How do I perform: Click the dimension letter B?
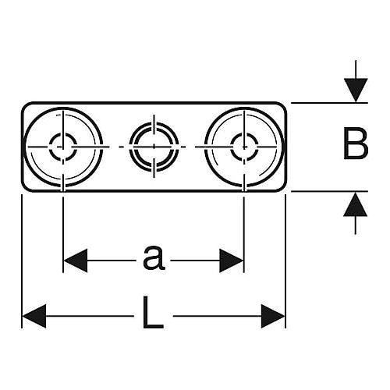point(355,143)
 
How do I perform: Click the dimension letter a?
point(154,257)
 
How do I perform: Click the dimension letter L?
point(153,312)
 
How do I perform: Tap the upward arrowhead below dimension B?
point(356,204)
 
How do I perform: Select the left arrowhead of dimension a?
point(76,261)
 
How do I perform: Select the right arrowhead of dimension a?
point(231,261)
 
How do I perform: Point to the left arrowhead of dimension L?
point(34,316)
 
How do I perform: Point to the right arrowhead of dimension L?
point(273,316)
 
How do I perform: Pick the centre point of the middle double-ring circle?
point(154,147)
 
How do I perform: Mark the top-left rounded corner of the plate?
point(25,105)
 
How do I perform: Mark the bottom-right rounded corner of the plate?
point(283,188)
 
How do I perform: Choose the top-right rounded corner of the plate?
point(283,105)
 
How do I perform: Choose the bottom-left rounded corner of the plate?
point(25,188)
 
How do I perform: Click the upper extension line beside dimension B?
point(329,103)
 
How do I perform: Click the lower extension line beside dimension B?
point(329,191)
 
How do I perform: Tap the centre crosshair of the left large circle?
point(63,147)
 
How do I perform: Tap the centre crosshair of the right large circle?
point(244,147)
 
